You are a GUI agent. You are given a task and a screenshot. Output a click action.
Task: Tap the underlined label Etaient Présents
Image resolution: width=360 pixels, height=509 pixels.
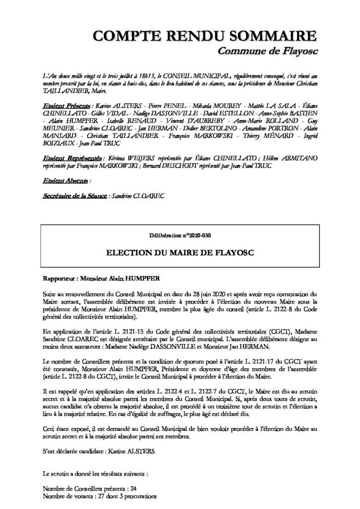[66, 106]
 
